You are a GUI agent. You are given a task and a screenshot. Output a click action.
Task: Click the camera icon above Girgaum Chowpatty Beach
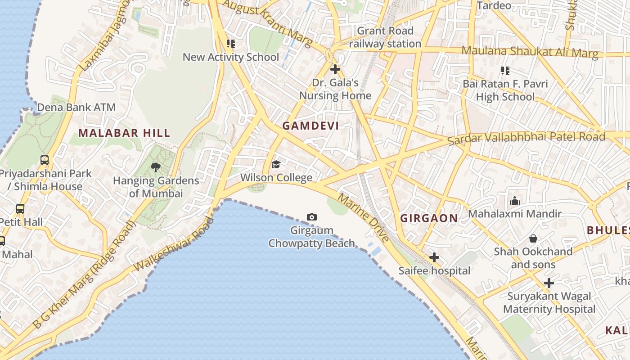pyautogui.click(x=311, y=217)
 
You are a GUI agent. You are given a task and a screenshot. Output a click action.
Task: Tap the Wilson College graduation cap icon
pyautogui.click(x=276, y=165)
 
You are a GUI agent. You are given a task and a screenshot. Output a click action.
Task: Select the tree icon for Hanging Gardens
pyautogui.click(x=156, y=167)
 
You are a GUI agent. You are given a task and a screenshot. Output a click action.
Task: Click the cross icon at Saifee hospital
pyautogui.click(x=434, y=257)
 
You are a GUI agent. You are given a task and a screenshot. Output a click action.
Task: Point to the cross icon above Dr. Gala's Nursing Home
pyautogui.click(x=335, y=69)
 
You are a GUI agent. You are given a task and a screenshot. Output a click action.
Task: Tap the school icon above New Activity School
pyautogui.click(x=230, y=44)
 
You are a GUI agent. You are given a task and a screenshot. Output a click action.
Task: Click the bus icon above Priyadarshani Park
pyautogui.click(x=44, y=160)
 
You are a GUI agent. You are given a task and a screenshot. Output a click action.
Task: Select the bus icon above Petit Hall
pyautogui.click(x=20, y=208)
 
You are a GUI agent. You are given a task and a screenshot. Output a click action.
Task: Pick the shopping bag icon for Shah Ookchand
pyautogui.click(x=533, y=238)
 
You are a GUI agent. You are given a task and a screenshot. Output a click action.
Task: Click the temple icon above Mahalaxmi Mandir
pyautogui.click(x=514, y=201)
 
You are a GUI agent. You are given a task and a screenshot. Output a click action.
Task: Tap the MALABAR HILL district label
pyautogui.click(x=124, y=133)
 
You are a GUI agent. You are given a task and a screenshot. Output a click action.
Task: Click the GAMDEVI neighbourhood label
pyautogui.click(x=310, y=126)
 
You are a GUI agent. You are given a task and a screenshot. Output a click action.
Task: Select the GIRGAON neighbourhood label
pyautogui.click(x=429, y=218)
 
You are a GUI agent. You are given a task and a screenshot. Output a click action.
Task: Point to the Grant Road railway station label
pyautogui.click(x=385, y=37)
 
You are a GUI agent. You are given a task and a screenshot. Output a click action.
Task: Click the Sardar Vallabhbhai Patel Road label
pyautogui.click(x=526, y=138)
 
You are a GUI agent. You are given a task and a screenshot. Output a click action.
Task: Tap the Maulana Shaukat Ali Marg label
pyautogui.click(x=530, y=51)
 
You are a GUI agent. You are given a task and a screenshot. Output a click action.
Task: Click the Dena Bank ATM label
pyautogui.click(x=76, y=108)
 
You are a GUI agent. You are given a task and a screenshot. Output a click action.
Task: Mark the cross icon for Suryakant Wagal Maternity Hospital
pyautogui.click(x=549, y=283)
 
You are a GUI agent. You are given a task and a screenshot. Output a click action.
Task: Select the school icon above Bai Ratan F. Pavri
pyautogui.click(x=505, y=71)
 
